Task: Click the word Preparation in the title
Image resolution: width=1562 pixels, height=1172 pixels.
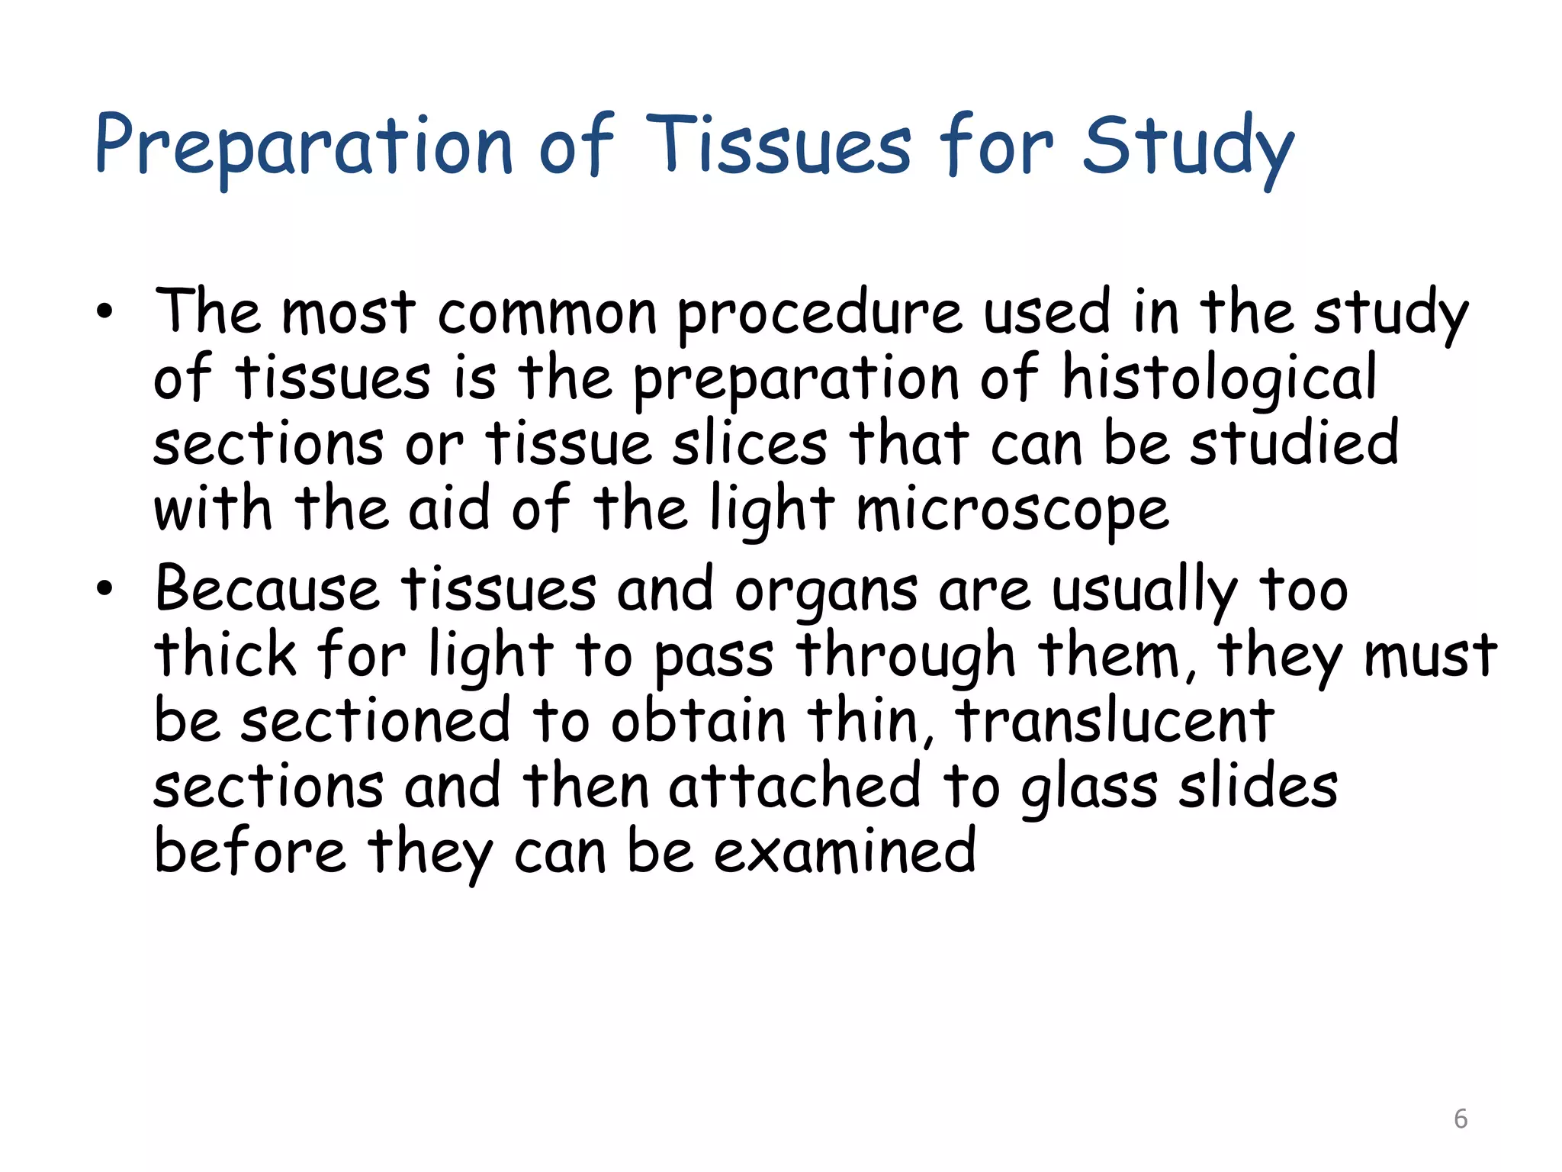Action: pos(303,146)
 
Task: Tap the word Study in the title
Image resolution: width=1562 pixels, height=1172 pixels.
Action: pos(1188,146)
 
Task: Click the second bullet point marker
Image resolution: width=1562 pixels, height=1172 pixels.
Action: pos(104,588)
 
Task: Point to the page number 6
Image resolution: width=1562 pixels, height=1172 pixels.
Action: pos(1460,1119)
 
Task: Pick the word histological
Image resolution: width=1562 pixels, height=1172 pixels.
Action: pos(1219,378)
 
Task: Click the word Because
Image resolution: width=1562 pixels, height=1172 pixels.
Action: pos(266,590)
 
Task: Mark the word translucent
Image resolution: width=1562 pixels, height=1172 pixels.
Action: pos(1114,721)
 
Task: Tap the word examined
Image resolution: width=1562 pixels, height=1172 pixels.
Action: pos(844,852)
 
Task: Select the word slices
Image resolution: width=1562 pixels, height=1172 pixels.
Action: pos(749,444)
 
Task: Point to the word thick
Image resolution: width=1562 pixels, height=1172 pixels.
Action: pos(225,655)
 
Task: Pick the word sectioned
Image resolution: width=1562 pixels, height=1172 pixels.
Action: pos(375,721)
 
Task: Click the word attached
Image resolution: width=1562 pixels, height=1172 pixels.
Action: pos(794,787)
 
